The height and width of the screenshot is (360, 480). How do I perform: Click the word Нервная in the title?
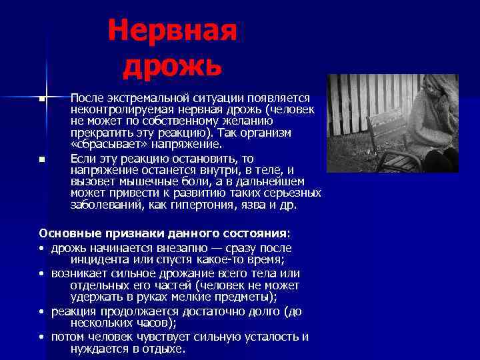tap(172, 30)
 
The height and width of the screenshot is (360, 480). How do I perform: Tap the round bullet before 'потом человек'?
tap(42, 337)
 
